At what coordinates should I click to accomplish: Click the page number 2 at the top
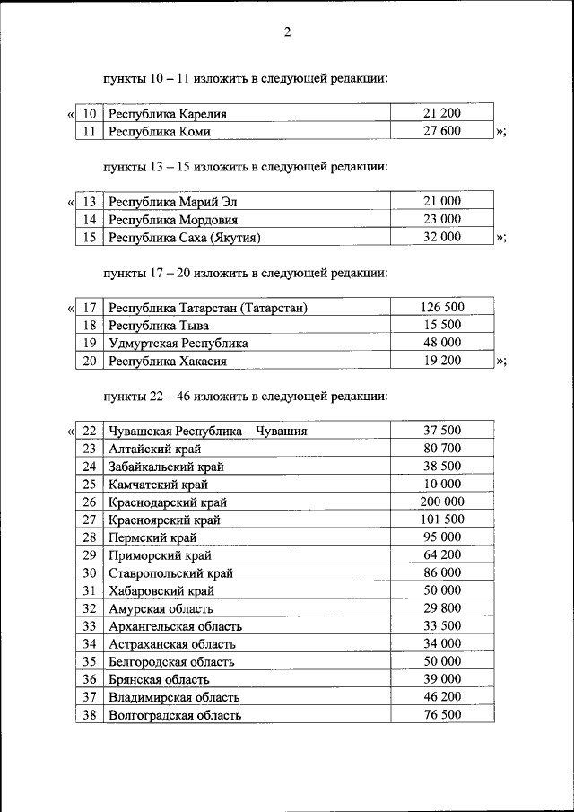tap(287, 33)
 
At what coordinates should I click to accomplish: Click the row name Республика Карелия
tap(168, 114)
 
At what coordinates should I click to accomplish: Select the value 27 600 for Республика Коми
tap(441, 131)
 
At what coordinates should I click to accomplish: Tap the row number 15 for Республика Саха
tap(89, 238)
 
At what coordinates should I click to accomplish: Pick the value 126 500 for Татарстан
tap(441, 308)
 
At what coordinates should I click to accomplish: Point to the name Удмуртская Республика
tap(178, 343)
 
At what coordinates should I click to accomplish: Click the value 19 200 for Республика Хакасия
tap(441, 361)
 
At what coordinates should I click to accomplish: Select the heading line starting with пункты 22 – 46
tap(245, 395)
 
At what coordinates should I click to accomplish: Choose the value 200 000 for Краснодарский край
tap(441, 502)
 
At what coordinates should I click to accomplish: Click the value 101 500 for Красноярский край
tap(441, 520)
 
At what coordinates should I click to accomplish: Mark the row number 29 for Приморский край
tap(89, 555)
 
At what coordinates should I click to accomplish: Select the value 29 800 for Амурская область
tap(441, 608)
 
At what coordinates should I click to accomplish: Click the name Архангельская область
tap(175, 626)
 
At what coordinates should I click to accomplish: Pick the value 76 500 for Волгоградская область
tap(441, 714)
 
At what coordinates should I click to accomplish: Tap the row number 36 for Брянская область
tap(89, 679)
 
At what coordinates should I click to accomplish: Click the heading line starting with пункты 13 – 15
tap(245, 166)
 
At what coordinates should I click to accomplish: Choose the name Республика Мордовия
tap(173, 220)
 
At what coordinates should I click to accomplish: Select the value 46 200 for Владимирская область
tap(441, 696)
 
